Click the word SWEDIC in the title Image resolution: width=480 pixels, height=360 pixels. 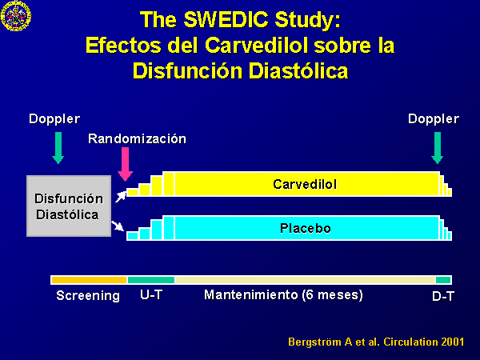pyautogui.click(x=226, y=20)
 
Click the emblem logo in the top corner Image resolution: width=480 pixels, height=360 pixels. pyautogui.click(x=16, y=16)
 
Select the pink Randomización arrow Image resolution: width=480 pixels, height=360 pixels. pyautogui.click(x=126, y=164)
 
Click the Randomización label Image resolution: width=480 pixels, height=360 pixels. pyautogui.click(x=137, y=138)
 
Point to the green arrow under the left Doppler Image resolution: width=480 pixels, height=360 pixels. pyautogui.click(x=58, y=148)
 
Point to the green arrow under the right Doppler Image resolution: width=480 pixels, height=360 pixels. pyautogui.click(x=438, y=148)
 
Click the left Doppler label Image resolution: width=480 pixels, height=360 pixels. pyautogui.click(x=54, y=118)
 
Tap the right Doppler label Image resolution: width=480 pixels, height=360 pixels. pyautogui.click(x=434, y=118)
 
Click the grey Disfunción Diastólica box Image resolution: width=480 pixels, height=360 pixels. pyautogui.click(x=69, y=206)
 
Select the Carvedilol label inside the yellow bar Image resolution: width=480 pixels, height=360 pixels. pyautogui.click(x=305, y=184)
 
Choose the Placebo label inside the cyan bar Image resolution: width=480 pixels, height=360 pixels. pyautogui.click(x=306, y=228)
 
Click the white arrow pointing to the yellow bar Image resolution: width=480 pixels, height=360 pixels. pyautogui.click(x=121, y=197)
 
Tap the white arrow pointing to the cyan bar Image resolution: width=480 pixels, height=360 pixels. pyautogui.click(x=118, y=226)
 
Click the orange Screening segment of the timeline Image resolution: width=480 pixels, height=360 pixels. pyautogui.click(x=89, y=280)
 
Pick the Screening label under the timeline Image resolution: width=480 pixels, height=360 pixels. pyautogui.click(x=88, y=296)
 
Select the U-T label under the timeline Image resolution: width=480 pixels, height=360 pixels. pyautogui.click(x=151, y=294)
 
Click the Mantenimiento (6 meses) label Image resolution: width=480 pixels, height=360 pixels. pyautogui.click(x=283, y=295)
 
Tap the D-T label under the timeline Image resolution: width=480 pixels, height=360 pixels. pyautogui.click(x=443, y=296)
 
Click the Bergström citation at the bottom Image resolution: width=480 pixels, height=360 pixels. pyautogui.click(x=376, y=342)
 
